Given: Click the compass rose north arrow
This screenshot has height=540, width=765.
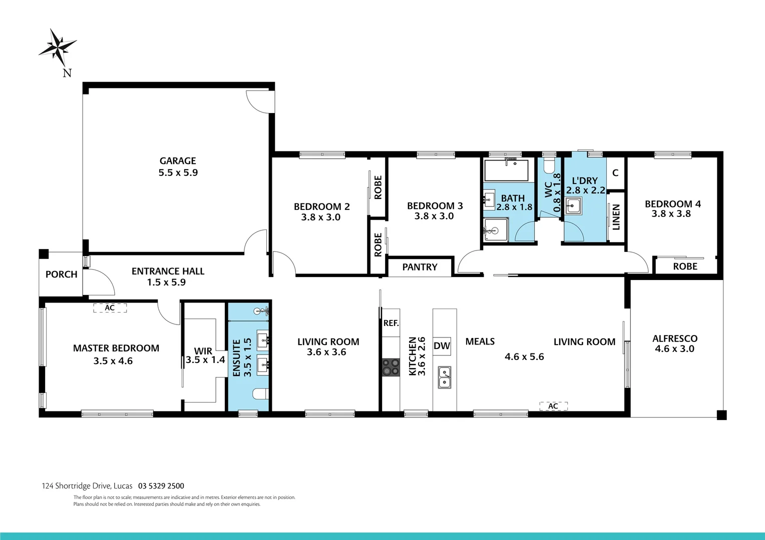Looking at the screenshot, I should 58,48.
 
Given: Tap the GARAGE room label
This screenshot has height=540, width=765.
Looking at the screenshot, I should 178,161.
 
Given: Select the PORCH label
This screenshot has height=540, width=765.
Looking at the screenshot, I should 61,274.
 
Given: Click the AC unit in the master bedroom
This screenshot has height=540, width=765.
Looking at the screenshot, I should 110,308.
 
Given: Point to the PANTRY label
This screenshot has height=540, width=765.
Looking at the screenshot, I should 420,267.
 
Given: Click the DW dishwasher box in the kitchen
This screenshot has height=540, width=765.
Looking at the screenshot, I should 442,345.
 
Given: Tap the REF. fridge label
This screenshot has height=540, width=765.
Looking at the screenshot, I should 391,323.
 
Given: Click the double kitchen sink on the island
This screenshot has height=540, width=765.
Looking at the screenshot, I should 444,377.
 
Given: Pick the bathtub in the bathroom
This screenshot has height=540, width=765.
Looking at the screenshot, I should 506,170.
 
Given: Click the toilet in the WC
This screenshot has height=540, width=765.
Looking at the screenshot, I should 549,165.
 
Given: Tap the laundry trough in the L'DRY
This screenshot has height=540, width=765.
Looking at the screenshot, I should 573,205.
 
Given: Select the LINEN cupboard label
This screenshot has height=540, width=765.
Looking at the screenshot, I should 616,217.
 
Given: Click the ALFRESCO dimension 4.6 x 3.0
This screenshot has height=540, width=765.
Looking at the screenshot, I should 674,349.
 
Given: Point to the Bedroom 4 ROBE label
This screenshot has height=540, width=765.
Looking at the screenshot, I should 685,266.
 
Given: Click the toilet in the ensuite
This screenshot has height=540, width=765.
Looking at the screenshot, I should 260,394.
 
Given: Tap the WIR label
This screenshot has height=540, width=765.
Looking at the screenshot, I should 203,351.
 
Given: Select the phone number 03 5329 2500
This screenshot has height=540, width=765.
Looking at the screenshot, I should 161,486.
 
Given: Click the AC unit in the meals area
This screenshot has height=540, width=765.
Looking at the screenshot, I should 553,406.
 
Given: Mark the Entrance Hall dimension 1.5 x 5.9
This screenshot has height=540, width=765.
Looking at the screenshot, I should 166,282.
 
